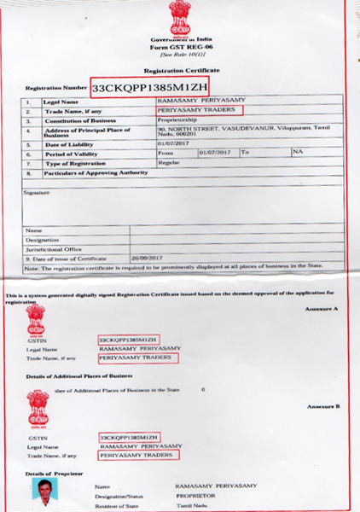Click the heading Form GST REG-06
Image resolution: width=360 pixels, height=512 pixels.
coord(179,47)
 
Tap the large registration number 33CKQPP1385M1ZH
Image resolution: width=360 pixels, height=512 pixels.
coord(149,87)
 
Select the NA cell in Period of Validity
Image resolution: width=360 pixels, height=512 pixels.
coord(298,152)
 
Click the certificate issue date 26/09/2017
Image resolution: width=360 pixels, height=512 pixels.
coord(147,257)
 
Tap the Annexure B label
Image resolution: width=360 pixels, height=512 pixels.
coord(322,407)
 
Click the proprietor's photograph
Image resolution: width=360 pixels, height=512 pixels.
coord(44,492)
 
